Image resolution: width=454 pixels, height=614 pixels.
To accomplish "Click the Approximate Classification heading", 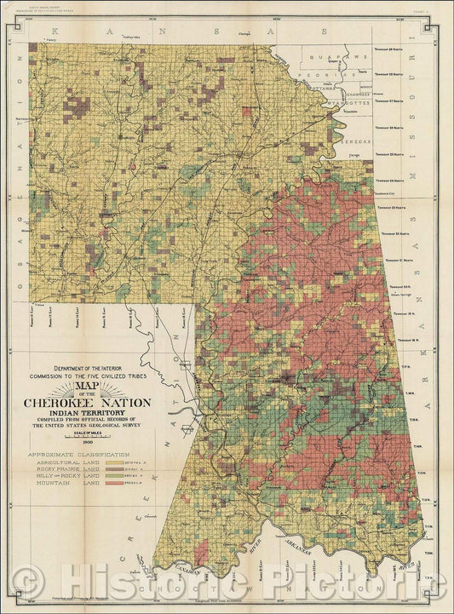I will pyautogui.click(x=83, y=455).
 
